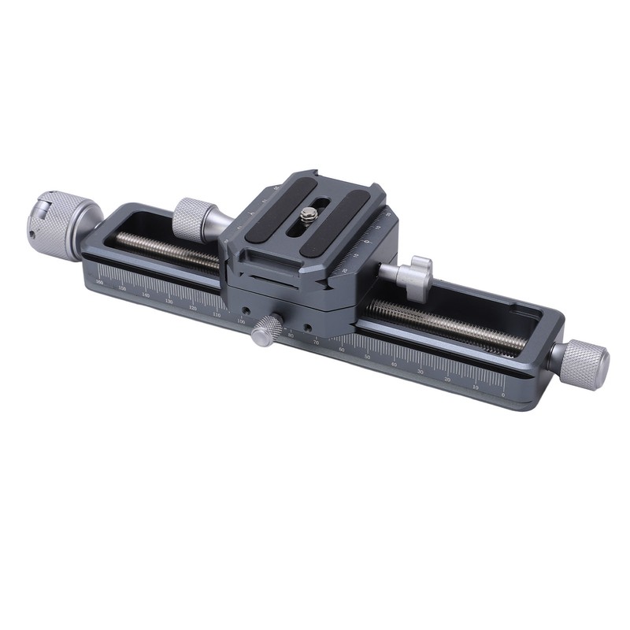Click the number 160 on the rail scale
point(99,282)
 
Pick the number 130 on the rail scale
point(169,302)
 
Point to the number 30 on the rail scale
point(420,371)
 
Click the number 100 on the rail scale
point(241,322)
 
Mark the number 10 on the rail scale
point(475,387)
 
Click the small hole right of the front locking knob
point(306,327)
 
